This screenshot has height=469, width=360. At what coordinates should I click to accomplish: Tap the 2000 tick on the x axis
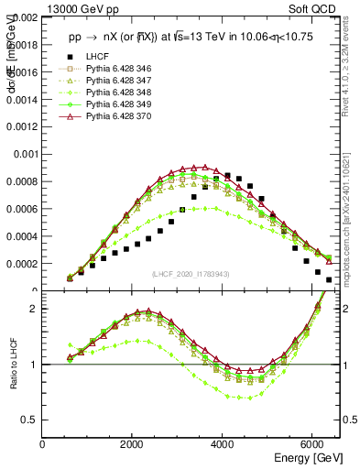click(133, 445)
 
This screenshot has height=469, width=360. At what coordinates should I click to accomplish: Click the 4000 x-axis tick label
click(223, 445)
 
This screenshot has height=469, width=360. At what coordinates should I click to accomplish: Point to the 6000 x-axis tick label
click(312, 445)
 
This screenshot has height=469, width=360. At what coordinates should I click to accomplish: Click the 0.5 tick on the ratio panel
click(31, 420)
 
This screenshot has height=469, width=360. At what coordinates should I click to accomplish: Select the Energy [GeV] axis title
click(309, 459)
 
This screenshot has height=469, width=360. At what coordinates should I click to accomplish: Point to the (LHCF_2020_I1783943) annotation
click(190, 274)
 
